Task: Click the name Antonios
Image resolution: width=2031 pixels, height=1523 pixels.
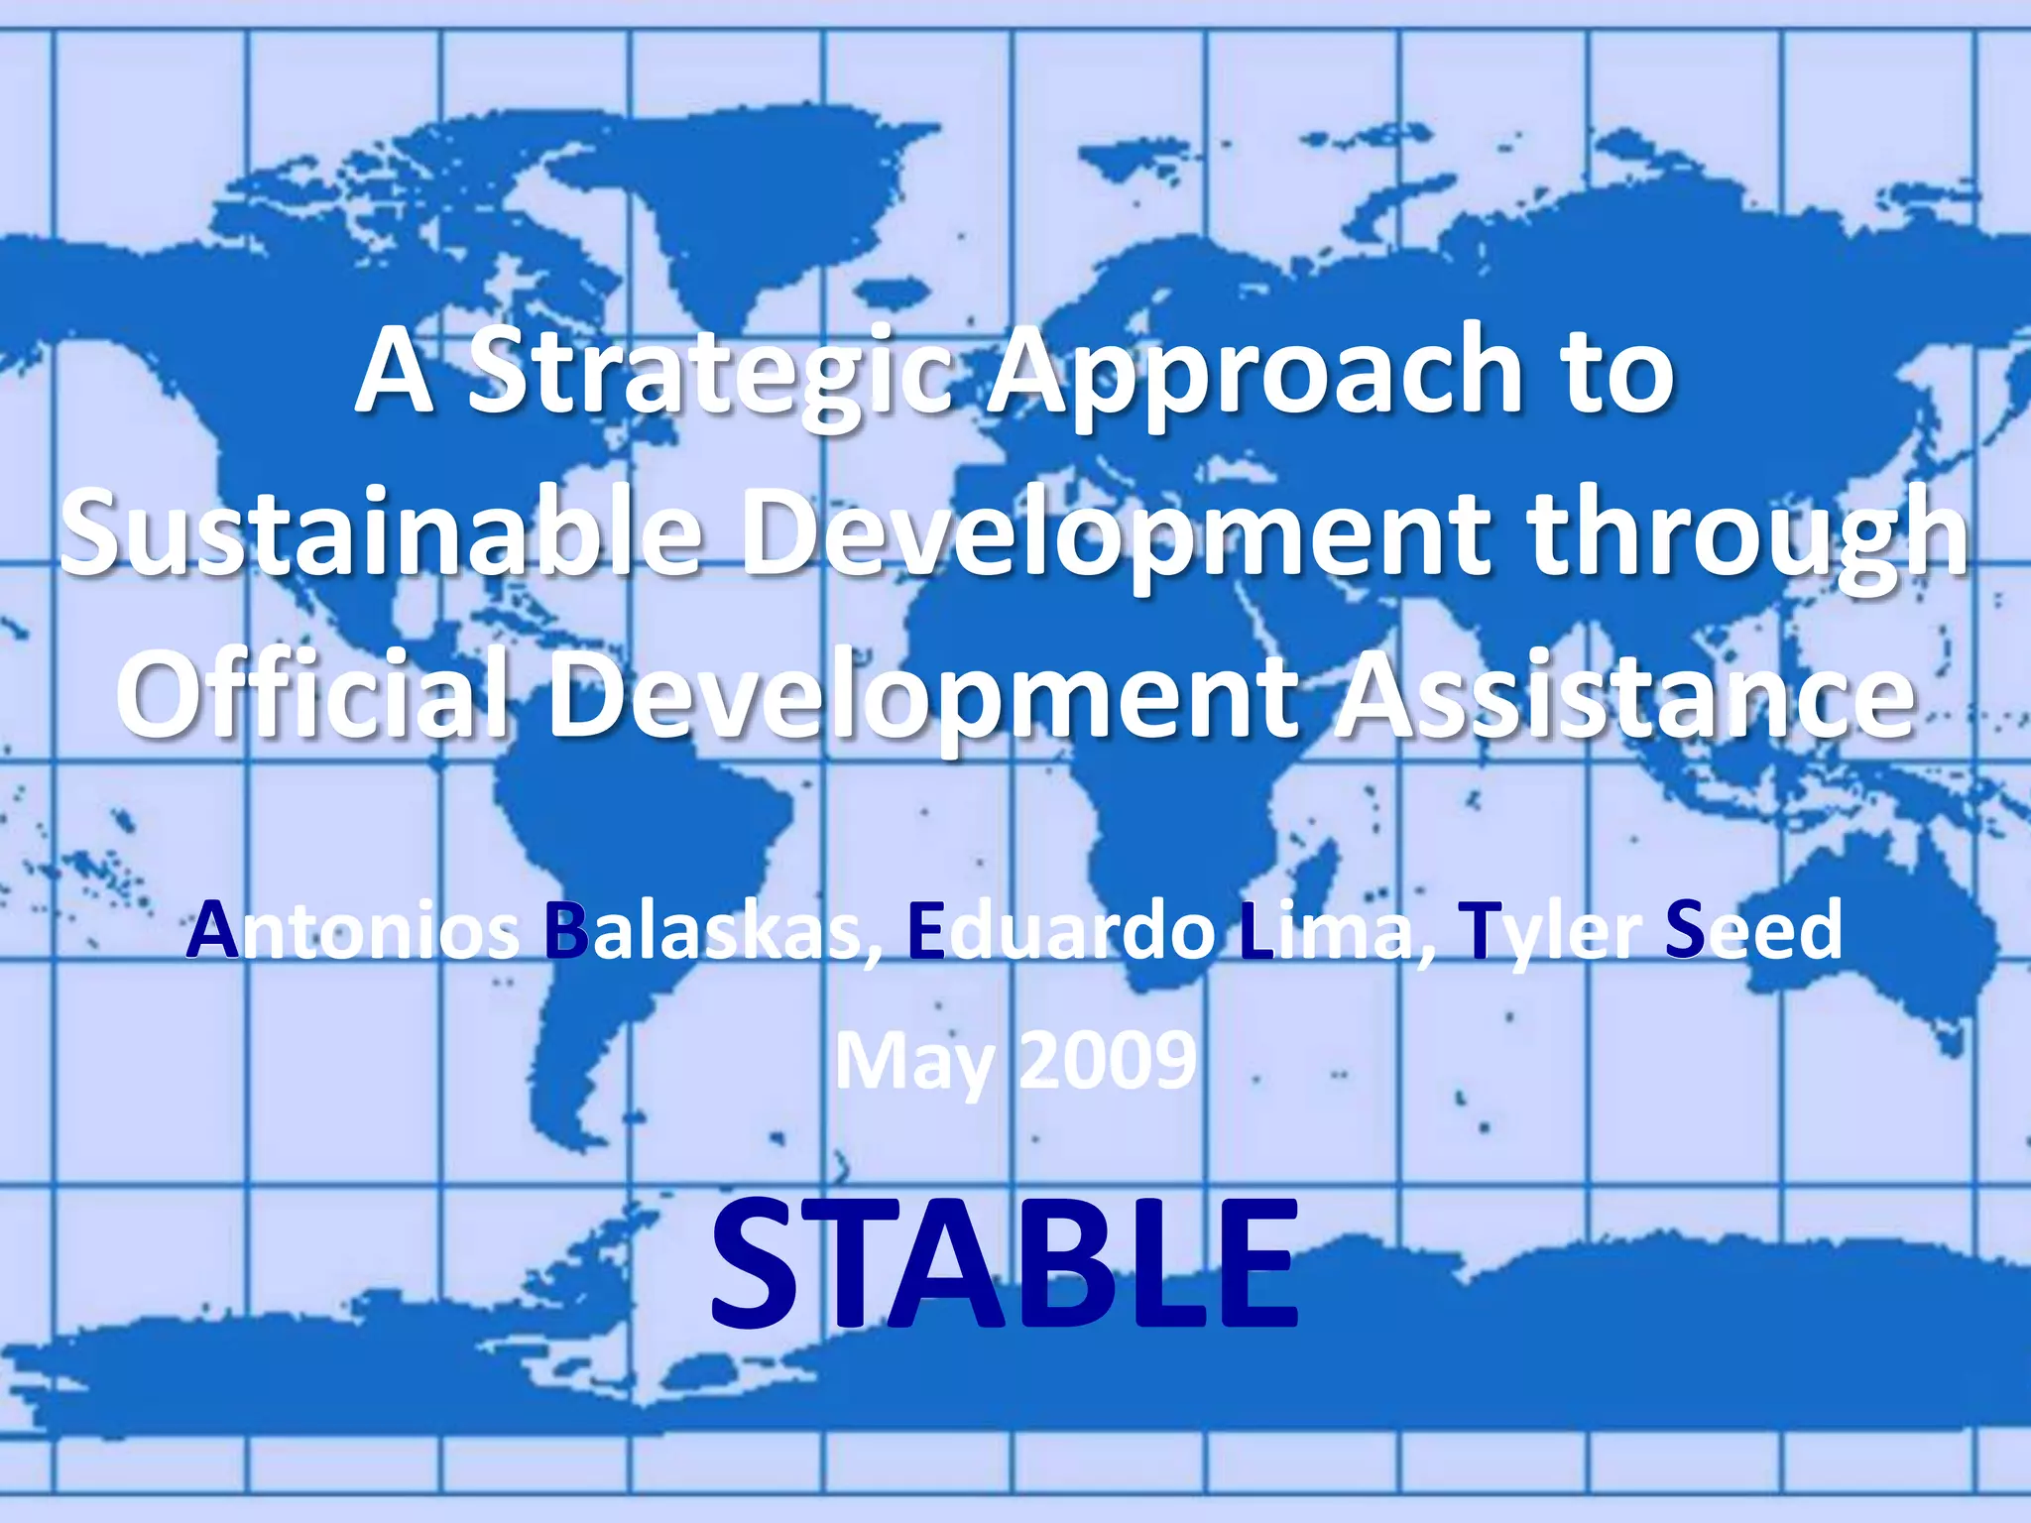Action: [x=352, y=932]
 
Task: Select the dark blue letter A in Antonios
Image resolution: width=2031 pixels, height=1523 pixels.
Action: [x=213, y=932]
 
